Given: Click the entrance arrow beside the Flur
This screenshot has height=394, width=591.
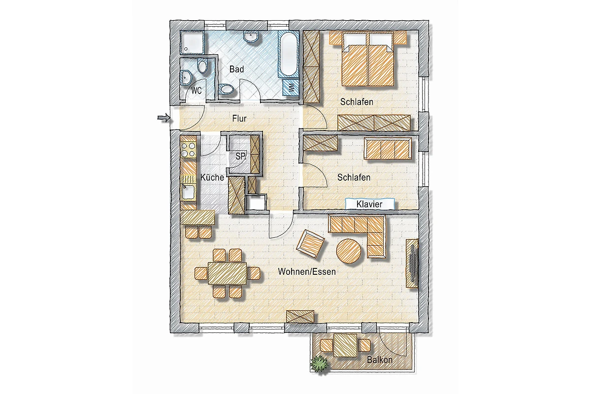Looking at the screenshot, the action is (x=164, y=118).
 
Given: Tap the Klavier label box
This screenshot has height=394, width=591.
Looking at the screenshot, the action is (x=370, y=204).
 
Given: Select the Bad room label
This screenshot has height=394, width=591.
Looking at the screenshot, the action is (x=236, y=69).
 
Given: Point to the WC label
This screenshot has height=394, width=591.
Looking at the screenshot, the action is (x=197, y=91).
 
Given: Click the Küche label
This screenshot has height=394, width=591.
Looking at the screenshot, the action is (x=212, y=177).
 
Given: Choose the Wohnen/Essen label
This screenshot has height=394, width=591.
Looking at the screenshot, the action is (x=307, y=271).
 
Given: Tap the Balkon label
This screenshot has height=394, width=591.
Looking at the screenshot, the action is (x=380, y=360).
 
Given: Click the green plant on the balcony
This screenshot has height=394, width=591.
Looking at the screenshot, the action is (x=320, y=364).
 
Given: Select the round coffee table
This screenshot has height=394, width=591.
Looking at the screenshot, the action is (x=349, y=251).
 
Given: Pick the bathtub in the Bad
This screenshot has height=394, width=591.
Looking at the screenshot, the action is (x=289, y=54).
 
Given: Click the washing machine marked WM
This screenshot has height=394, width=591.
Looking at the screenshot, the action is (x=291, y=88).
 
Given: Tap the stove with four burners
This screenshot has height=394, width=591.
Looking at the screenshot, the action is (x=188, y=150).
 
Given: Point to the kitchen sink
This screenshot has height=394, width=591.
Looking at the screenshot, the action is (x=188, y=192).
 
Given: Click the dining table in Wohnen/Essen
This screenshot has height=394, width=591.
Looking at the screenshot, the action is (x=227, y=273).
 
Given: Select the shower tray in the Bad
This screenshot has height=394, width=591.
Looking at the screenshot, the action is (x=192, y=43).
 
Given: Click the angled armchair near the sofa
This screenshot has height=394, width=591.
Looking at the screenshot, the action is (x=311, y=244).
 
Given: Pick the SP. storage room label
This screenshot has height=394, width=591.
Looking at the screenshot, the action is (x=241, y=156).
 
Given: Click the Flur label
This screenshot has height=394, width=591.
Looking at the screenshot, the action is (x=239, y=119).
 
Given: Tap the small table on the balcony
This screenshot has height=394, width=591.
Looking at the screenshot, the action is (x=345, y=345).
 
